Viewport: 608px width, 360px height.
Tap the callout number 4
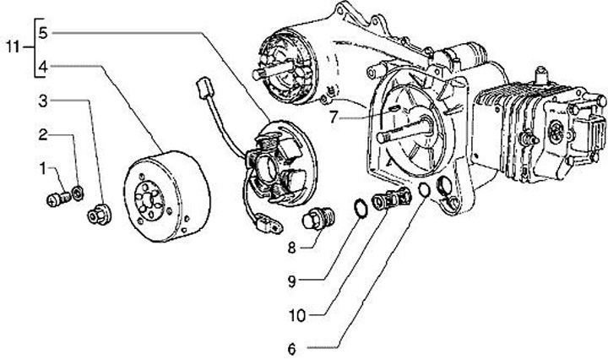(x=44, y=65)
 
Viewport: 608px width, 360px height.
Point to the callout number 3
(x=44, y=101)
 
